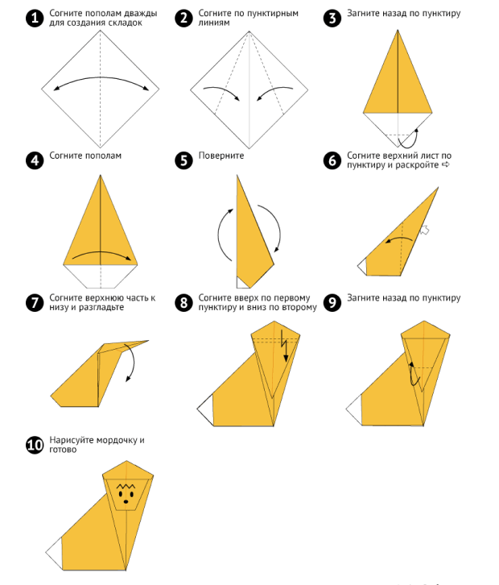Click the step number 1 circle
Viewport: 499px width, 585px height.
pos(35,18)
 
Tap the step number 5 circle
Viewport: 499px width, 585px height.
pos(184,160)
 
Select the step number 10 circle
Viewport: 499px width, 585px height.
pos(35,445)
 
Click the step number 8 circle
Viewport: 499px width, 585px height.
pos(184,303)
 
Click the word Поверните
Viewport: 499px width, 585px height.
pos(221,156)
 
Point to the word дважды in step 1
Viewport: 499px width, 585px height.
pos(141,14)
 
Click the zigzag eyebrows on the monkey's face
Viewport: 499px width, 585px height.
pos(126,486)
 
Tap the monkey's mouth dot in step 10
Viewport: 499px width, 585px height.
pos(126,502)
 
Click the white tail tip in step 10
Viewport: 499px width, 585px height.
pos(56,552)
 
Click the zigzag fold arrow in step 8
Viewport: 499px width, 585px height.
pos(284,346)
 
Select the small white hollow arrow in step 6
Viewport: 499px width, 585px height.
pos(424,230)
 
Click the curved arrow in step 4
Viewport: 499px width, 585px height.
pos(101,252)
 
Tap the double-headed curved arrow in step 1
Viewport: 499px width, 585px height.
pos(101,78)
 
